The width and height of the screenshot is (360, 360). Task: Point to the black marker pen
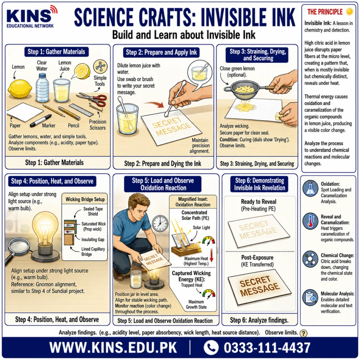[x=41, y=121]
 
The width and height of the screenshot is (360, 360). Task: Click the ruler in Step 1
[x=81, y=110]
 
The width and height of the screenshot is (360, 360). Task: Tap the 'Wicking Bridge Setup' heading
[x=85, y=199]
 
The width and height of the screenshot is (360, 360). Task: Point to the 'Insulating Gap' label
[x=93, y=239]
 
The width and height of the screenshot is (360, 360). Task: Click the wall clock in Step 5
[x=160, y=224]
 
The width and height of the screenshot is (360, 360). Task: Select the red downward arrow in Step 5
[x=211, y=255]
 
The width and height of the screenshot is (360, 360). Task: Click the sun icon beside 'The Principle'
[x=350, y=12]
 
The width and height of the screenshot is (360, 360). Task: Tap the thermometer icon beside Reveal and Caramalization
[x=310, y=221]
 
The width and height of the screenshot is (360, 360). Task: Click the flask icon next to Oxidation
[x=310, y=188]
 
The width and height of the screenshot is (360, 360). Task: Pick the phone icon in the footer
[x=211, y=347]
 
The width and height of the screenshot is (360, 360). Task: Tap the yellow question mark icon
[x=303, y=333]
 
